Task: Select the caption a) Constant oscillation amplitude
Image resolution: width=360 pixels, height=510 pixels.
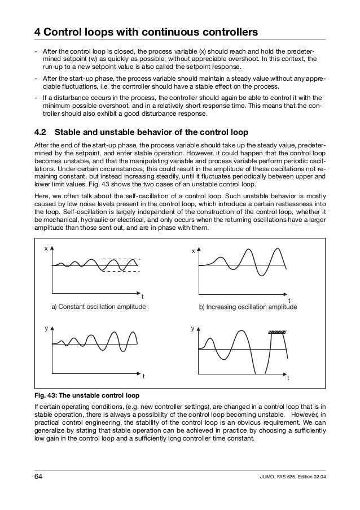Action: [99, 307]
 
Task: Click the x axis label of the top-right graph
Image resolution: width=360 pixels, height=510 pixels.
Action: [192, 250]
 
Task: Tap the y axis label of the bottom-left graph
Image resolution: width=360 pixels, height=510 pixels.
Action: [46, 327]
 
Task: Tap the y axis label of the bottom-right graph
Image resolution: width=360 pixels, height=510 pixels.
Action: [192, 328]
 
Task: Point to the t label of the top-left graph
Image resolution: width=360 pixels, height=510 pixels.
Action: [142, 296]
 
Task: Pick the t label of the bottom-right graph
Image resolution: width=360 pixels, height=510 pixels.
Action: [288, 377]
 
